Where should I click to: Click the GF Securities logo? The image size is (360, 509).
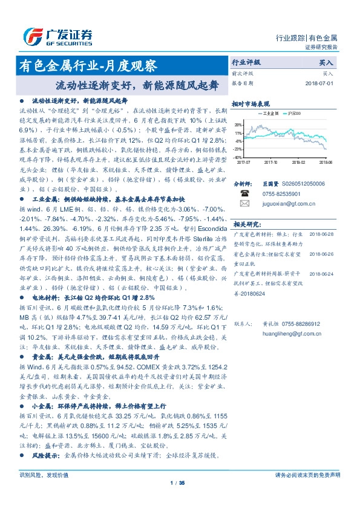pos(57,37)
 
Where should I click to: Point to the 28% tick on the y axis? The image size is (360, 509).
pos(239,123)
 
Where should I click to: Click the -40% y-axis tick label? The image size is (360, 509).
pos(238,157)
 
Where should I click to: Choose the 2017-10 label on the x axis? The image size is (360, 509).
pos(271,162)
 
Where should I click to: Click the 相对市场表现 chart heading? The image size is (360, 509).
pos(250,104)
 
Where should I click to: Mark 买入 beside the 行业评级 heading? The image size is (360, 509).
pos(326,62)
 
